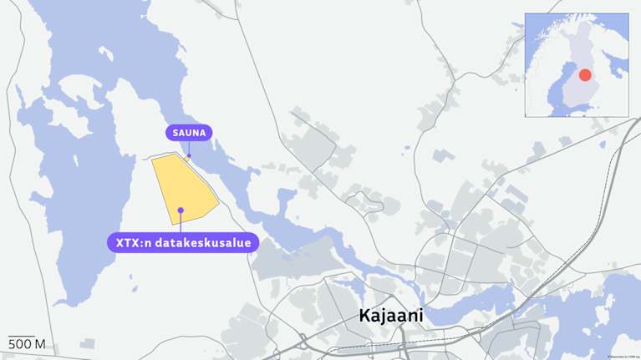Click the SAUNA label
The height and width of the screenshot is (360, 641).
pyautogui.click(x=189, y=133)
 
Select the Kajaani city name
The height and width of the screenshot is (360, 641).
pyautogui.click(x=391, y=316)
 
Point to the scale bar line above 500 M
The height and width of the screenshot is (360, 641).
pyautogui.click(x=22, y=337)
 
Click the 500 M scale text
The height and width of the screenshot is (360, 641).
pyautogui.click(x=26, y=345)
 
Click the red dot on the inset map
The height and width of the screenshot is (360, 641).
pyautogui.click(x=585, y=75)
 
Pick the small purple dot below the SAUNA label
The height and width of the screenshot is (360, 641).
pyautogui.click(x=189, y=155)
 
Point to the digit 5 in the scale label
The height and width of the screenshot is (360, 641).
pyautogui.click(x=12, y=345)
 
